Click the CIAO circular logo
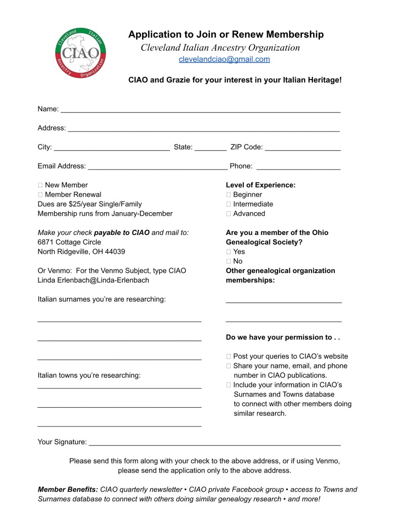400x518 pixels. tap(81, 53)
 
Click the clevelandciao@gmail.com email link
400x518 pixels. tap(224, 59)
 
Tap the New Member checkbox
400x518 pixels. tap(40, 185)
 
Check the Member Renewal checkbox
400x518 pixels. tap(40, 194)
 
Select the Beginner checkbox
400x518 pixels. tap(229, 195)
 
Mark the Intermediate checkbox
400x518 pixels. tap(229, 204)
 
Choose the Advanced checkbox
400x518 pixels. tap(229, 214)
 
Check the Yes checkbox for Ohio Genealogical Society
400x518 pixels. tap(229, 252)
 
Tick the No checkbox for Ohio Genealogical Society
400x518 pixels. tap(229, 261)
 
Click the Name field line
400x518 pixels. tap(200, 110)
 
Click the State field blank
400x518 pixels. tap(210, 148)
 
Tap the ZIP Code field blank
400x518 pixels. tap(302, 148)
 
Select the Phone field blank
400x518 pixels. tap(298, 167)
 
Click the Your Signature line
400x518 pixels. tap(214, 444)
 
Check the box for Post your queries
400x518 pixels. tap(229, 356)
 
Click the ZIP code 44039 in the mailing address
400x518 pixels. tap(115, 252)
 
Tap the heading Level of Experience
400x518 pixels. tap(260, 185)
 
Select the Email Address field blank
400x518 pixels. tap(158, 167)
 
